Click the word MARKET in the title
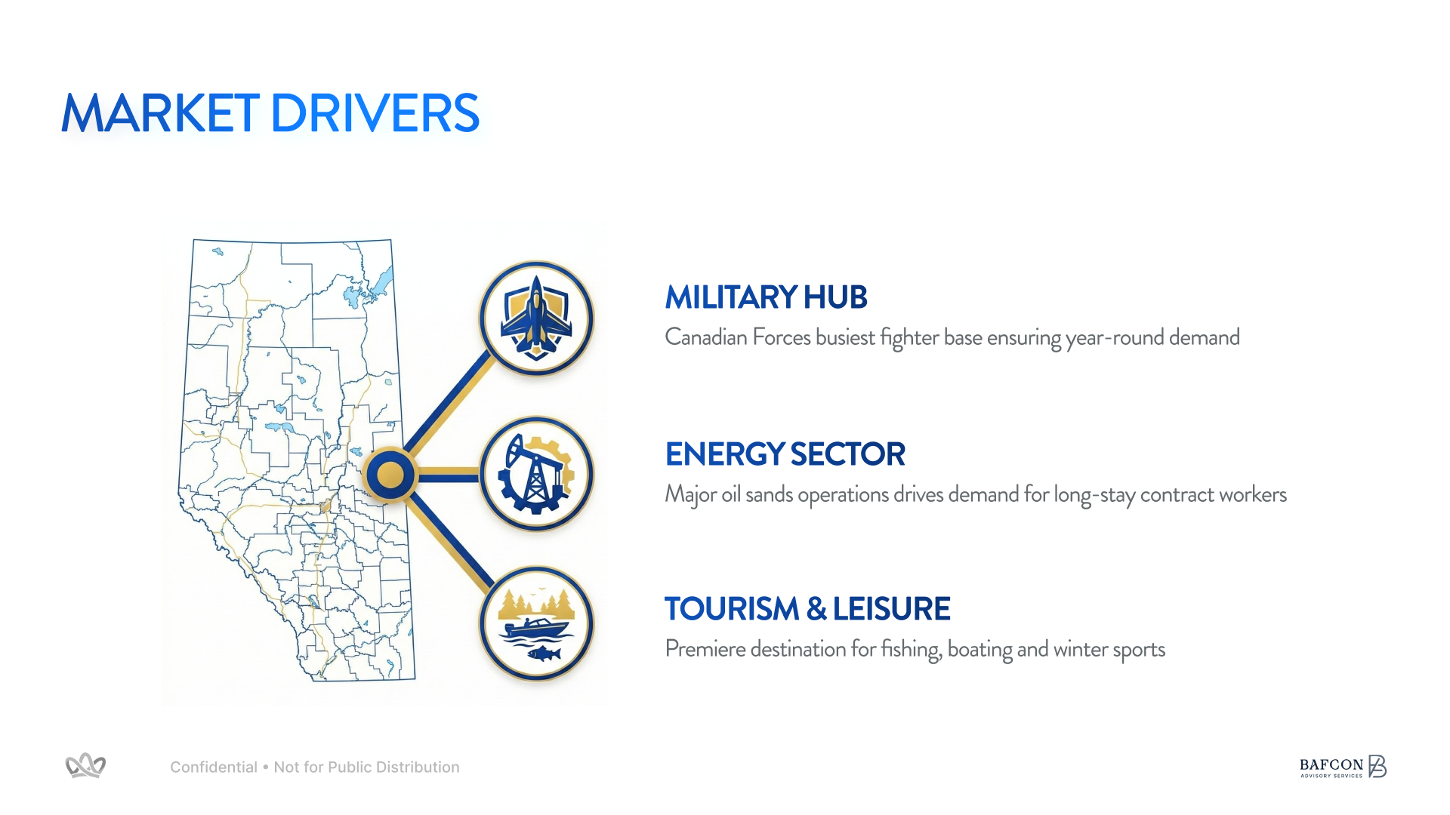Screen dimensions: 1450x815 (160, 114)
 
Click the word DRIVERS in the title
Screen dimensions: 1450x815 (375, 114)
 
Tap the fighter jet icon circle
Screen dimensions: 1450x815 (536, 318)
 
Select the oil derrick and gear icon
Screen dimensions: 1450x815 (536, 474)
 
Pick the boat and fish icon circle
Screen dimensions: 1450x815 (536, 623)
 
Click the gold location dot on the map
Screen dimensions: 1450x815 (390, 475)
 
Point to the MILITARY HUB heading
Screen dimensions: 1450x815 (766, 297)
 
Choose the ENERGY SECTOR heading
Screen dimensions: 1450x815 (785, 454)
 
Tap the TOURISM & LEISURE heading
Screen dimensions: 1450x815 (807, 609)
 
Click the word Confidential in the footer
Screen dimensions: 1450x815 (214, 767)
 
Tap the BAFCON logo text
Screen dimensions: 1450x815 (1331, 764)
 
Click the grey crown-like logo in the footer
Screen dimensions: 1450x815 (85, 766)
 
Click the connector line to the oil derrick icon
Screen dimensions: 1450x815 (449, 475)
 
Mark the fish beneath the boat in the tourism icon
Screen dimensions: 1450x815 (545, 653)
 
